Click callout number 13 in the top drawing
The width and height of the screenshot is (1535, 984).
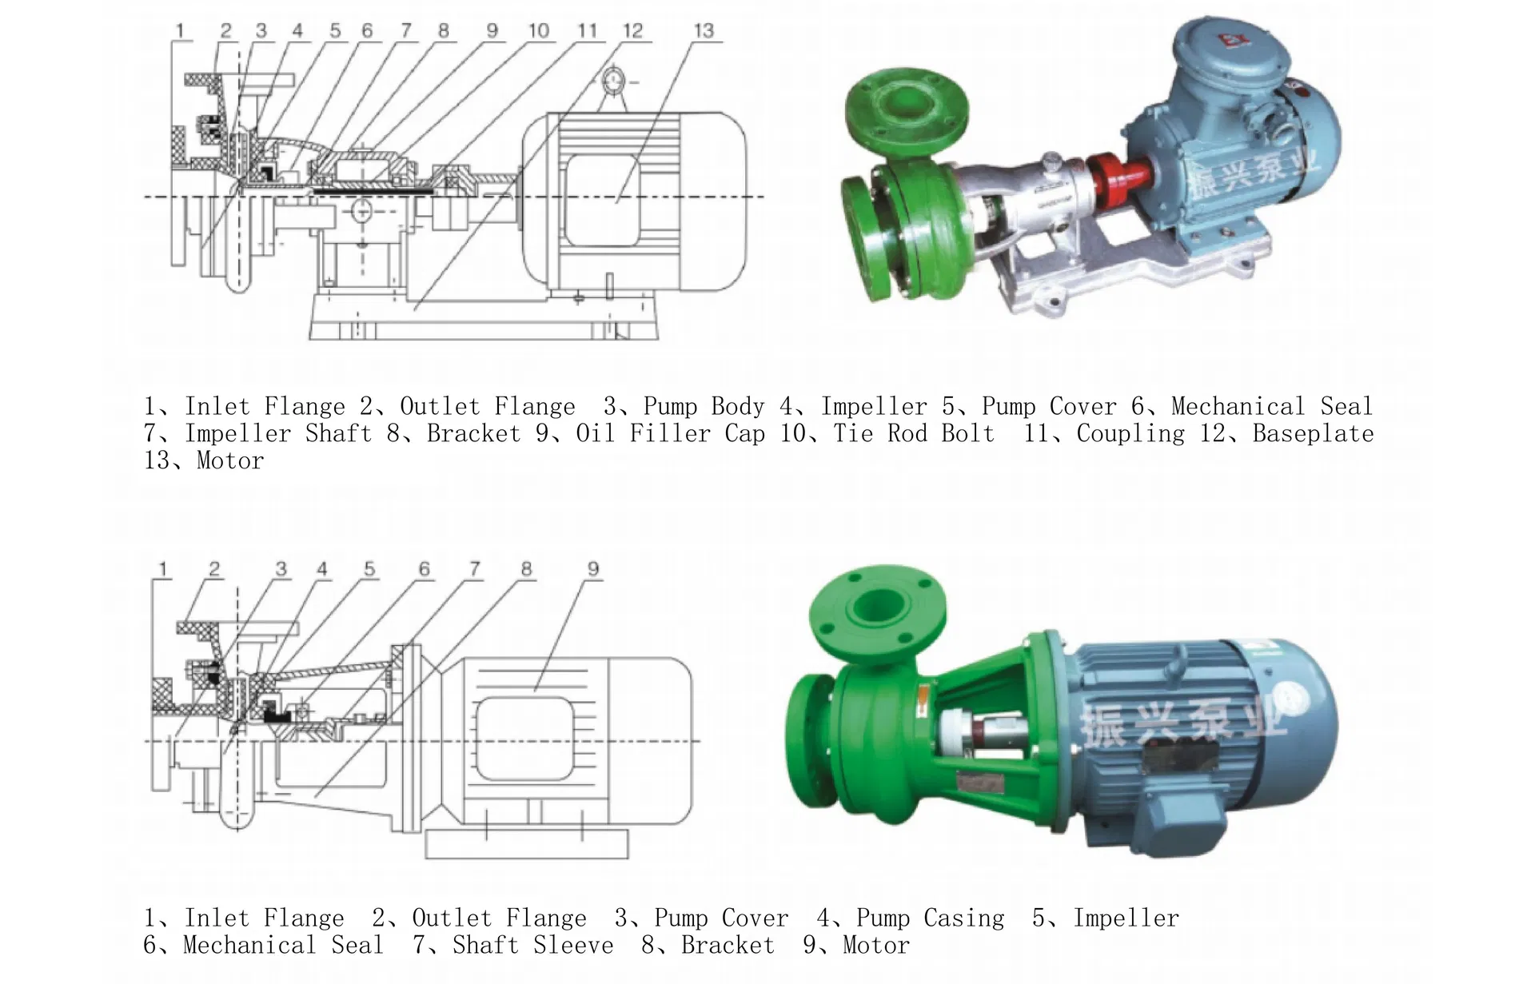[x=704, y=30]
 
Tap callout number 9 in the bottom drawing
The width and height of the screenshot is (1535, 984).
[x=593, y=568]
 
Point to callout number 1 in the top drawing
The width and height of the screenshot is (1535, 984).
[x=180, y=30]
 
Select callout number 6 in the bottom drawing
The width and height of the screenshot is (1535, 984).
[x=425, y=568]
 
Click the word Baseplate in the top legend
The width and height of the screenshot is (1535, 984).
[x=1313, y=433]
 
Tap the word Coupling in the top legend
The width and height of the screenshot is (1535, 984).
[x=1130, y=433]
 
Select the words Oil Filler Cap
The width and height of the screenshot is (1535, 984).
[x=670, y=433]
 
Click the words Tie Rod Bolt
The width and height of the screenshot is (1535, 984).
[x=914, y=433]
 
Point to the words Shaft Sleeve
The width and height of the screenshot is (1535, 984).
[x=533, y=945]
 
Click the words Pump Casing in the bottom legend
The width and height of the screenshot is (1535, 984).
[x=931, y=918]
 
